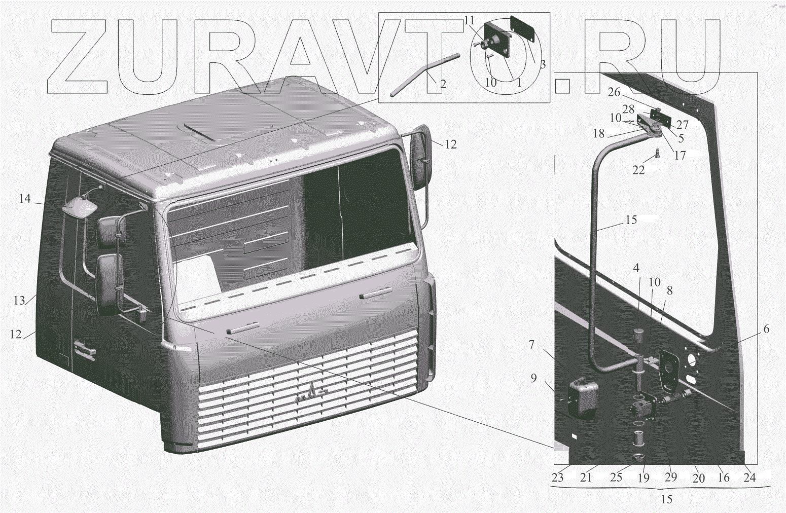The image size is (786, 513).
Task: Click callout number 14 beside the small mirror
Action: point(25,199)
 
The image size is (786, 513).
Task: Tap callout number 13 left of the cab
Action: point(19,301)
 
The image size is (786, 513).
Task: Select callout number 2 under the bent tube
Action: point(443,84)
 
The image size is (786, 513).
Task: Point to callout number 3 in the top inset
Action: point(543,64)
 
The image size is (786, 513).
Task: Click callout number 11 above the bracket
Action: point(469,21)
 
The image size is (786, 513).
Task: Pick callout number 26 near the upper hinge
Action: point(614,92)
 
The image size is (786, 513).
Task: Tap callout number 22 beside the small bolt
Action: point(638,170)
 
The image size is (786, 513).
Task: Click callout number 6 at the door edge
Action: point(766,329)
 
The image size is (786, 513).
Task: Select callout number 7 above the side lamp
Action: point(531,345)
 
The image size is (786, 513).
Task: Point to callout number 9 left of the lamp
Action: point(533,378)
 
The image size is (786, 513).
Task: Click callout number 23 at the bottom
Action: point(558,478)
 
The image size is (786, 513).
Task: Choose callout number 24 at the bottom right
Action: point(749,478)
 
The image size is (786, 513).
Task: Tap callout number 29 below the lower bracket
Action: point(671,477)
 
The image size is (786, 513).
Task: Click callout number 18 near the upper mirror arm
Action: point(599,133)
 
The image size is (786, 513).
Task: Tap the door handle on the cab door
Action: point(84,350)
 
